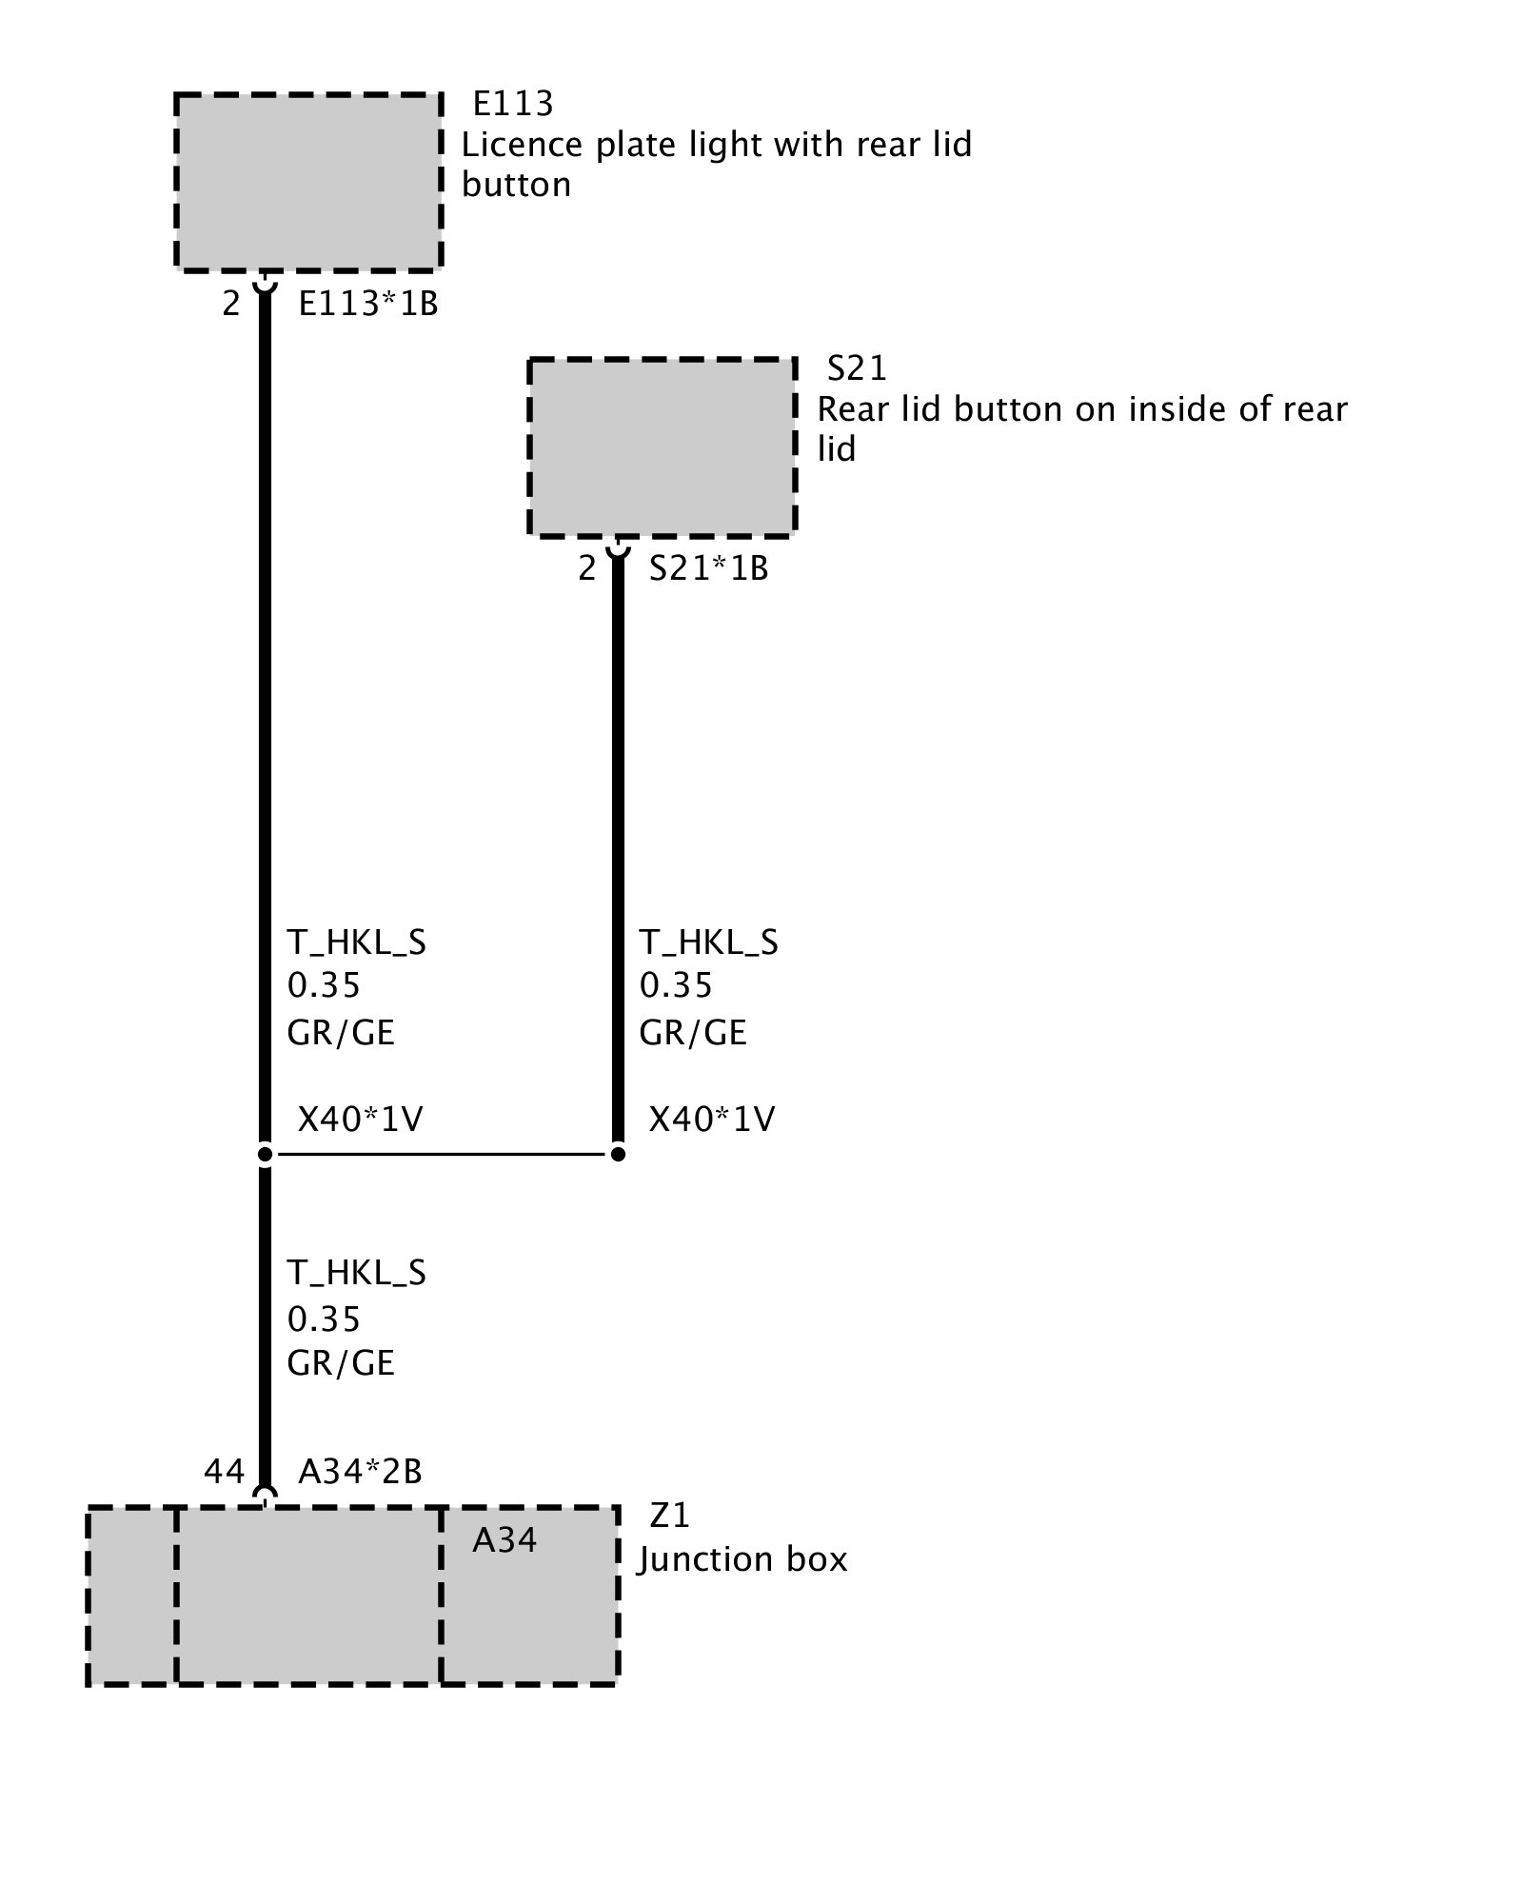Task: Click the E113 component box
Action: (x=308, y=181)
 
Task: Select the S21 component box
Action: (x=662, y=446)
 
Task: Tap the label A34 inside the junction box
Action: (x=504, y=1539)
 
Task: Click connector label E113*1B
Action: (x=368, y=304)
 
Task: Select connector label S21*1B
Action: (x=708, y=568)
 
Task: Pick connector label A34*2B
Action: (x=360, y=1472)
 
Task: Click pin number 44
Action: (x=225, y=1472)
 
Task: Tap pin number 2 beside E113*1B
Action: (x=231, y=304)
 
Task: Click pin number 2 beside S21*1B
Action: (x=587, y=568)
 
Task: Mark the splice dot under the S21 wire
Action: (x=618, y=1155)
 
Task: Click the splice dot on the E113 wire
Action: (x=266, y=1155)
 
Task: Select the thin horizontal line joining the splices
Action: (x=442, y=1155)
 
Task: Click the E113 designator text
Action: (x=513, y=103)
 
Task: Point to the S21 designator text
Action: (x=857, y=367)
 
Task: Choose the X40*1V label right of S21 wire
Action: (x=712, y=1119)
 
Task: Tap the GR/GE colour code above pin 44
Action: (x=341, y=1362)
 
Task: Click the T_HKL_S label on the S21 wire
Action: (x=708, y=942)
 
